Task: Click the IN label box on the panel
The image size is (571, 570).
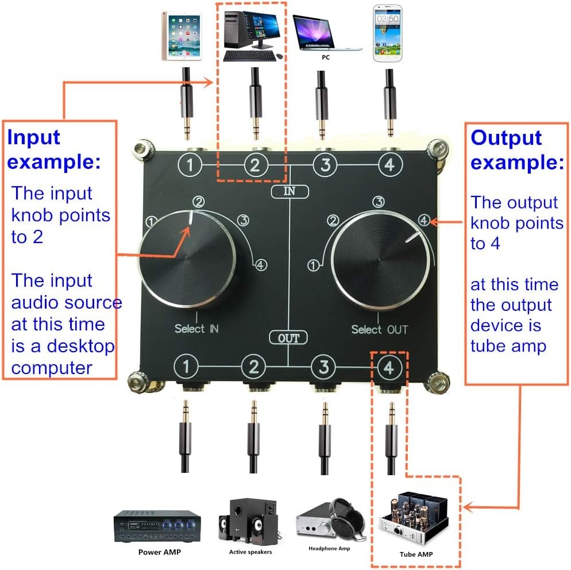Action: (290, 192)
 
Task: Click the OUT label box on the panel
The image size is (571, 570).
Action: (289, 337)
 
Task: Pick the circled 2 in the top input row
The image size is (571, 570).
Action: (255, 165)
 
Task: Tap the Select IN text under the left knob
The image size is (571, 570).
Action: (196, 329)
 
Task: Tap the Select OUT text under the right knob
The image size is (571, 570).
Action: (379, 330)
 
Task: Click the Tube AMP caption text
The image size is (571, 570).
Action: (416, 554)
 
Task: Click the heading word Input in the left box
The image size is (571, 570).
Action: (33, 138)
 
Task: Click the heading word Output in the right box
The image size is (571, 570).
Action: (506, 138)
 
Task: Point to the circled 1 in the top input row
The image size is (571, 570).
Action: (189, 165)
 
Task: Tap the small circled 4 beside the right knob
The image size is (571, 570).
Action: (424, 219)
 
